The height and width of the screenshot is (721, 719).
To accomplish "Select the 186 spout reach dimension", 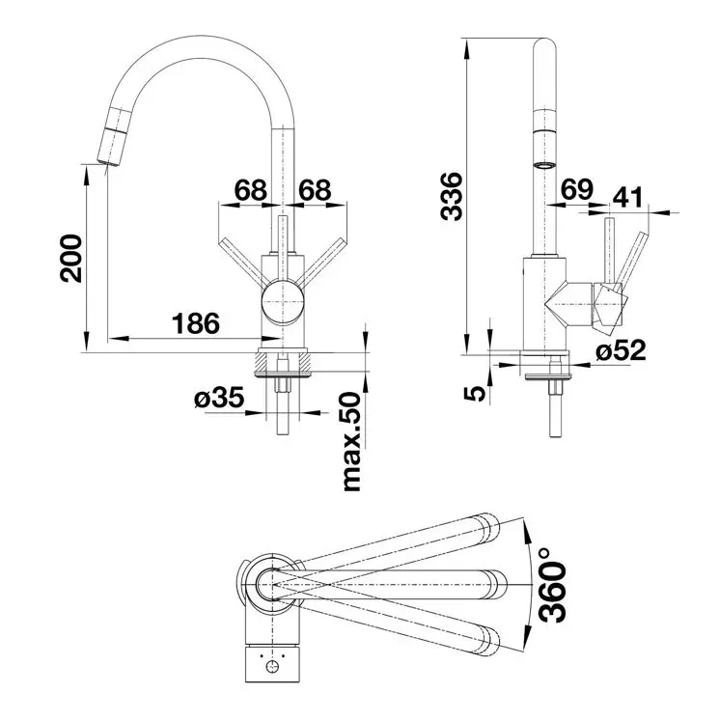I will (x=197, y=323).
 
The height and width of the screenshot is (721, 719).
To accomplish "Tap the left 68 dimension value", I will (x=249, y=190).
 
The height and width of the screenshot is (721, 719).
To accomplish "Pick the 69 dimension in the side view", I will (x=576, y=191).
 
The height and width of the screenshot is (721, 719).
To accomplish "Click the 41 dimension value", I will (x=627, y=198).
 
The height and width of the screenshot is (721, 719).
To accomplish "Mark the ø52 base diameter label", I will (x=620, y=351).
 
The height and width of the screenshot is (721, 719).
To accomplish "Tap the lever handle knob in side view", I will (x=613, y=303).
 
